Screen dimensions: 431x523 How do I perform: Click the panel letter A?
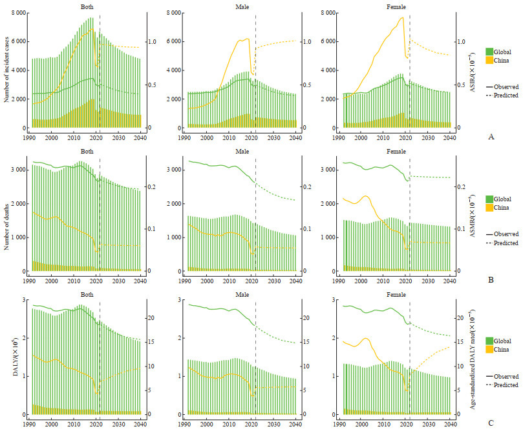coord(492,136)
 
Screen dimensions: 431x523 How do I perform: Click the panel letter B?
coord(491,281)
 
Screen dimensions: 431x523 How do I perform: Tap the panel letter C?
coord(491,423)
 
